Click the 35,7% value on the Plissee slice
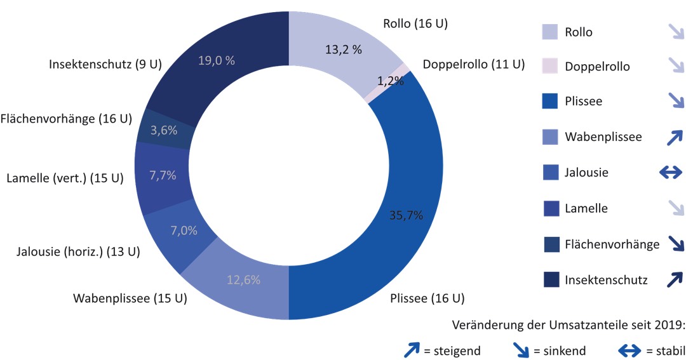[405, 215]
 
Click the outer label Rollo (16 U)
[415, 24]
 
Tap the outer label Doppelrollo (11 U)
[474, 64]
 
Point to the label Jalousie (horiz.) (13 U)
[78, 252]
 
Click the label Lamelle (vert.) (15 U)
[65, 178]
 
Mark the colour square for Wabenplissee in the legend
[550, 137]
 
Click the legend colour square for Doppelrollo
[550, 65]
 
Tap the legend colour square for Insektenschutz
[550, 279]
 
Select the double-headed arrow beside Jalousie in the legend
[671, 172]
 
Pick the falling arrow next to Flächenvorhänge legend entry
[675, 243]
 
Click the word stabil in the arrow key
[670, 350]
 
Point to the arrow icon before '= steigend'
[413, 349]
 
